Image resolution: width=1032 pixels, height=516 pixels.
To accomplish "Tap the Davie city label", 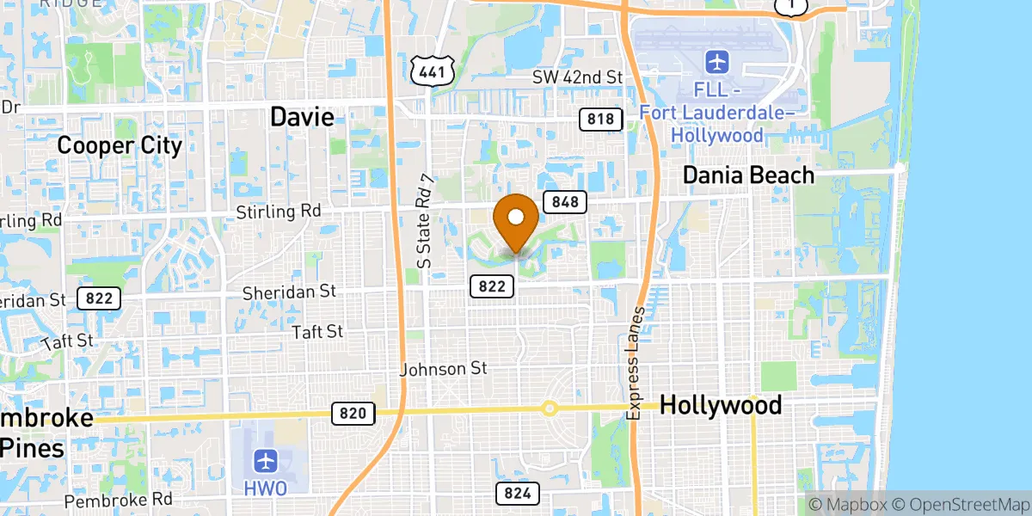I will (302, 117).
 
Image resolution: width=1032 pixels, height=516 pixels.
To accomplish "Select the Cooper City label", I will (120, 145).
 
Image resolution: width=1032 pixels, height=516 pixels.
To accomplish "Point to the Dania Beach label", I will (748, 175).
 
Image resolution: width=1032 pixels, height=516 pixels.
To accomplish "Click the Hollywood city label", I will (721, 405).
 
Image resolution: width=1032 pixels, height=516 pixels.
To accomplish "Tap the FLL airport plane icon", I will (716, 62).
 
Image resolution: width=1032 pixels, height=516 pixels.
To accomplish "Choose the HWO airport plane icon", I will (266, 460).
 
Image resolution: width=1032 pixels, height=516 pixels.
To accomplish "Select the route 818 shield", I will (601, 119).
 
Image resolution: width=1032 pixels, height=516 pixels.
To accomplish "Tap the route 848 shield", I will (565, 202).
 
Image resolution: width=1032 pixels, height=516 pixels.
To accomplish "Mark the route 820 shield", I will (353, 414).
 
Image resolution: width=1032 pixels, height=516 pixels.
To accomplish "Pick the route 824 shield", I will (518, 493).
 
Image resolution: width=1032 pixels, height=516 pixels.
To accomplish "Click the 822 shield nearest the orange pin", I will (492, 286).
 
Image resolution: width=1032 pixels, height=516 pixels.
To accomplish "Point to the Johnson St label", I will (444, 369).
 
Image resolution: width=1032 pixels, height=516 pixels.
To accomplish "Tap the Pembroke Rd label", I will (119, 499).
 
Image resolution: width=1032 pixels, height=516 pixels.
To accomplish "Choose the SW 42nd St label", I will (576, 77).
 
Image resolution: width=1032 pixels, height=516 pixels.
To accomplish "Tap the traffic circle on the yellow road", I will (549, 408).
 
